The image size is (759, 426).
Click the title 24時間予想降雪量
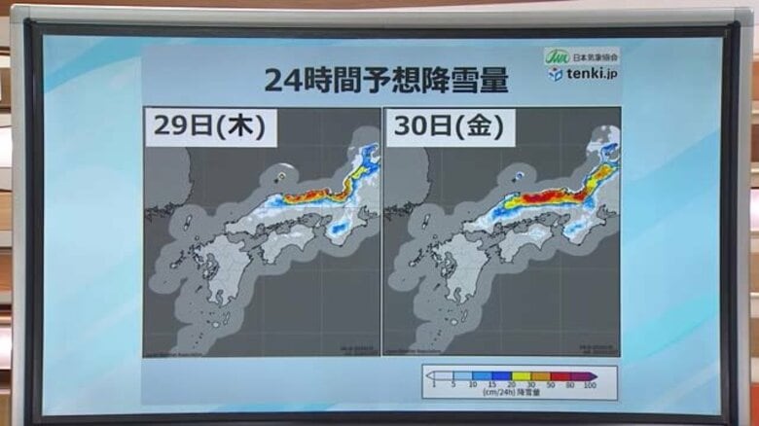[x=386, y=81]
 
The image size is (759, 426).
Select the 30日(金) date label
[x=446, y=126]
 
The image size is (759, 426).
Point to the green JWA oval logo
[x=557, y=56]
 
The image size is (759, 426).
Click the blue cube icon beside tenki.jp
[x=556, y=74]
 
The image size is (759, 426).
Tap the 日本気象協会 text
[x=594, y=56]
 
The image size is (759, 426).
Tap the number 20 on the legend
[x=510, y=386]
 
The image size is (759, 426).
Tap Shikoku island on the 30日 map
[x=516, y=243]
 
